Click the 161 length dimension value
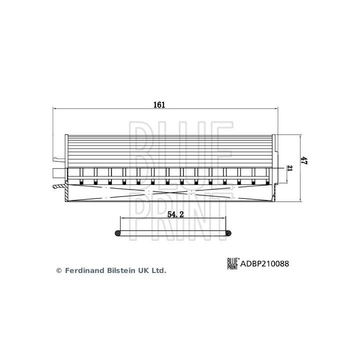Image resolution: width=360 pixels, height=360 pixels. coord(159,105)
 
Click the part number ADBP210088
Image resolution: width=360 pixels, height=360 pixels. coord(265,263)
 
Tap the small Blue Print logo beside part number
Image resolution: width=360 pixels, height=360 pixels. coord(233,263)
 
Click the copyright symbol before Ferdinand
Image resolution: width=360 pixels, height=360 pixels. coord(58,270)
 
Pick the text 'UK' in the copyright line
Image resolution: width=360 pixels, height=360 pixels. coord(143,270)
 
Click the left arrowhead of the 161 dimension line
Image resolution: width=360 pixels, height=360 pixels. coord(55,109)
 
